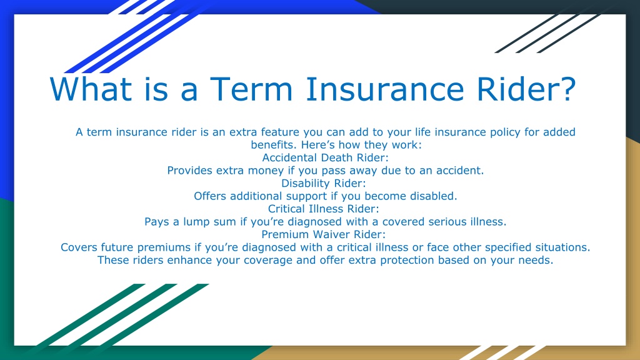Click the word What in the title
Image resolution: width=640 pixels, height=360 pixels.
click(91, 89)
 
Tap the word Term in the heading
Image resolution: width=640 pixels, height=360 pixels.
click(251, 89)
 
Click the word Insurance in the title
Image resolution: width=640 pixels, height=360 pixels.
click(385, 89)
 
